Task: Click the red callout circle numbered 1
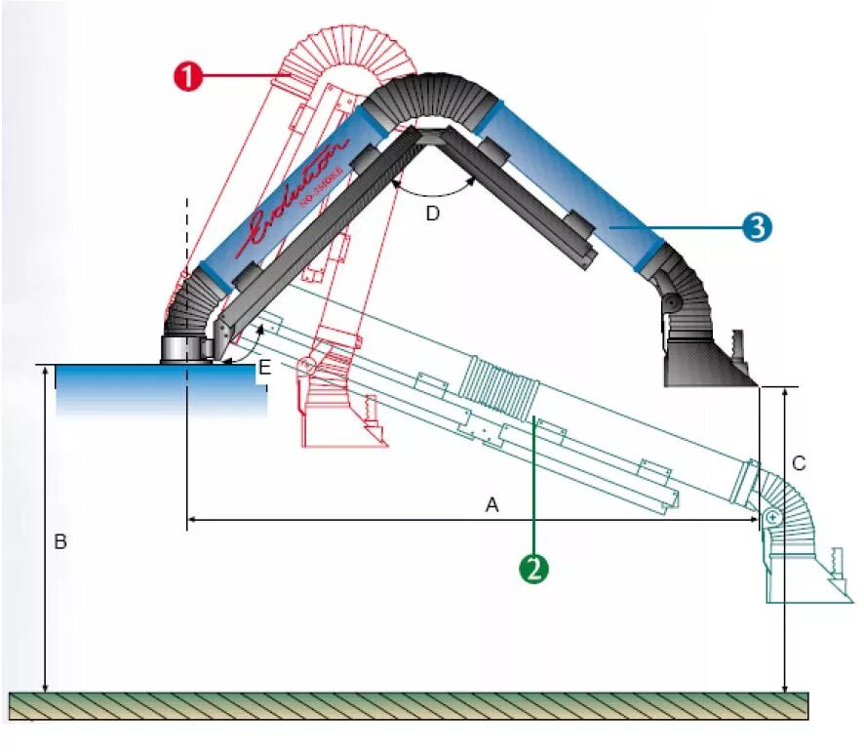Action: pos(187,77)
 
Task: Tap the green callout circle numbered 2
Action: pos(533,568)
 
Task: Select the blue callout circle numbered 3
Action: pos(758,227)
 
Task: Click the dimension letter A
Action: pos(492,504)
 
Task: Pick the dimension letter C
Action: pos(799,463)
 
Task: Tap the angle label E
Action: pos(263,368)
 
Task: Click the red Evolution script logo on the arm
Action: pos(297,195)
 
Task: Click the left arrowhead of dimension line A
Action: pos(190,521)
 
